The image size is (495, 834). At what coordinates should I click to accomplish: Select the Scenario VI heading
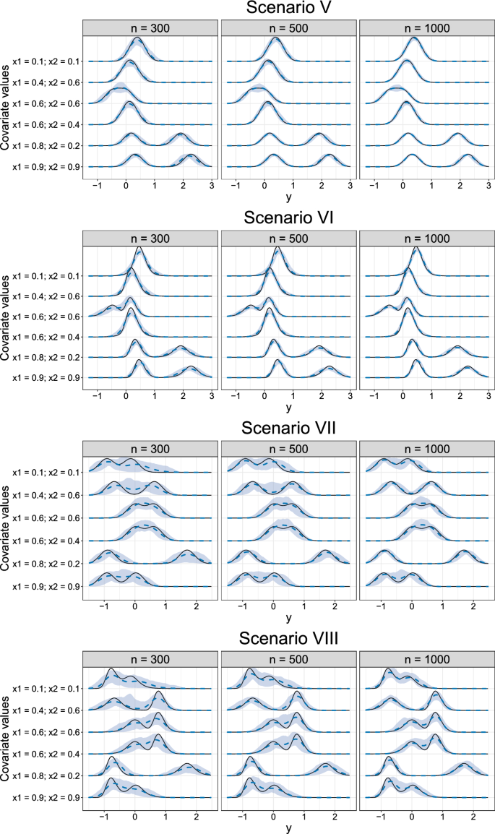288,218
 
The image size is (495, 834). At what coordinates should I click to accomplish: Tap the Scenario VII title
288,427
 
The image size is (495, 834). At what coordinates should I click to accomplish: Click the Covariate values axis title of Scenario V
6,106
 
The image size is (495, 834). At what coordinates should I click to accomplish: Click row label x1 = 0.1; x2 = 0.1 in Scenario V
45,61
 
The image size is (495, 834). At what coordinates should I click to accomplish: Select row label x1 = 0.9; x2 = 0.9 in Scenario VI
45,377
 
